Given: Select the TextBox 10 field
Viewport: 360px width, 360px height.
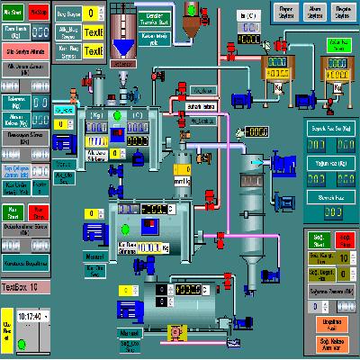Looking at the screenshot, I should [x=25, y=287].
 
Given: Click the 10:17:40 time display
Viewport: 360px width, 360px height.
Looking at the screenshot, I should [x=31, y=316].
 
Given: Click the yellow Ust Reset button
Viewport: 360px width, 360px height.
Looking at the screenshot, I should [x=7, y=326].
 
